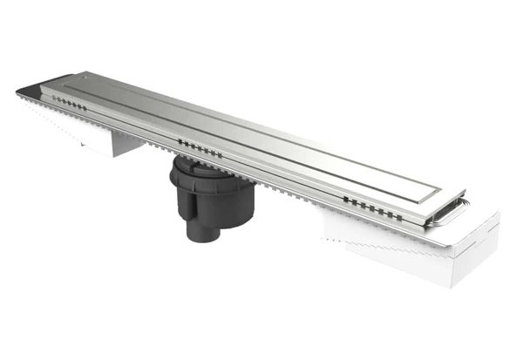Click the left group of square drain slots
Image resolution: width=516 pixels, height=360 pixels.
click(70, 102)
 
